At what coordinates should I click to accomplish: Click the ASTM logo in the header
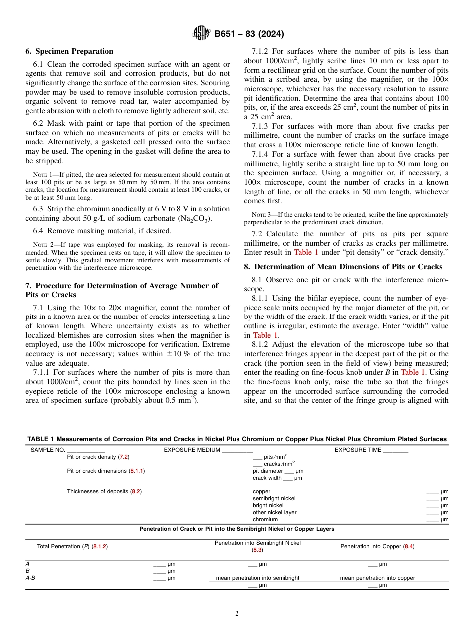(x=201, y=34)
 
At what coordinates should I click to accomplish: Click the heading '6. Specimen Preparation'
(x=69, y=51)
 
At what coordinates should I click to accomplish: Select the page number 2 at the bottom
(x=237, y=614)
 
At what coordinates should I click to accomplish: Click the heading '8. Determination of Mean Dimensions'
(x=343, y=266)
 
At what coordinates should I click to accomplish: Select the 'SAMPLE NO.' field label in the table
(x=48, y=450)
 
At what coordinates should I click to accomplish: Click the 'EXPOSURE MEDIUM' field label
(x=192, y=450)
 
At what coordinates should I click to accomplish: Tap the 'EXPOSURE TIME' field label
(x=358, y=450)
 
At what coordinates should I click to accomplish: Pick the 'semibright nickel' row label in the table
(x=274, y=498)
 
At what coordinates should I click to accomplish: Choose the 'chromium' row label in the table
(x=265, y=519)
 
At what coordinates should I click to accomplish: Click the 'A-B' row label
(x=30, y=578)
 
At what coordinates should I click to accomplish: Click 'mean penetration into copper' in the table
(x=377, y=578)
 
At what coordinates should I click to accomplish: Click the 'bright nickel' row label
(x=268, y=505)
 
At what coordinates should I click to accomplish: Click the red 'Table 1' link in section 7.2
(x=306, y=252)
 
